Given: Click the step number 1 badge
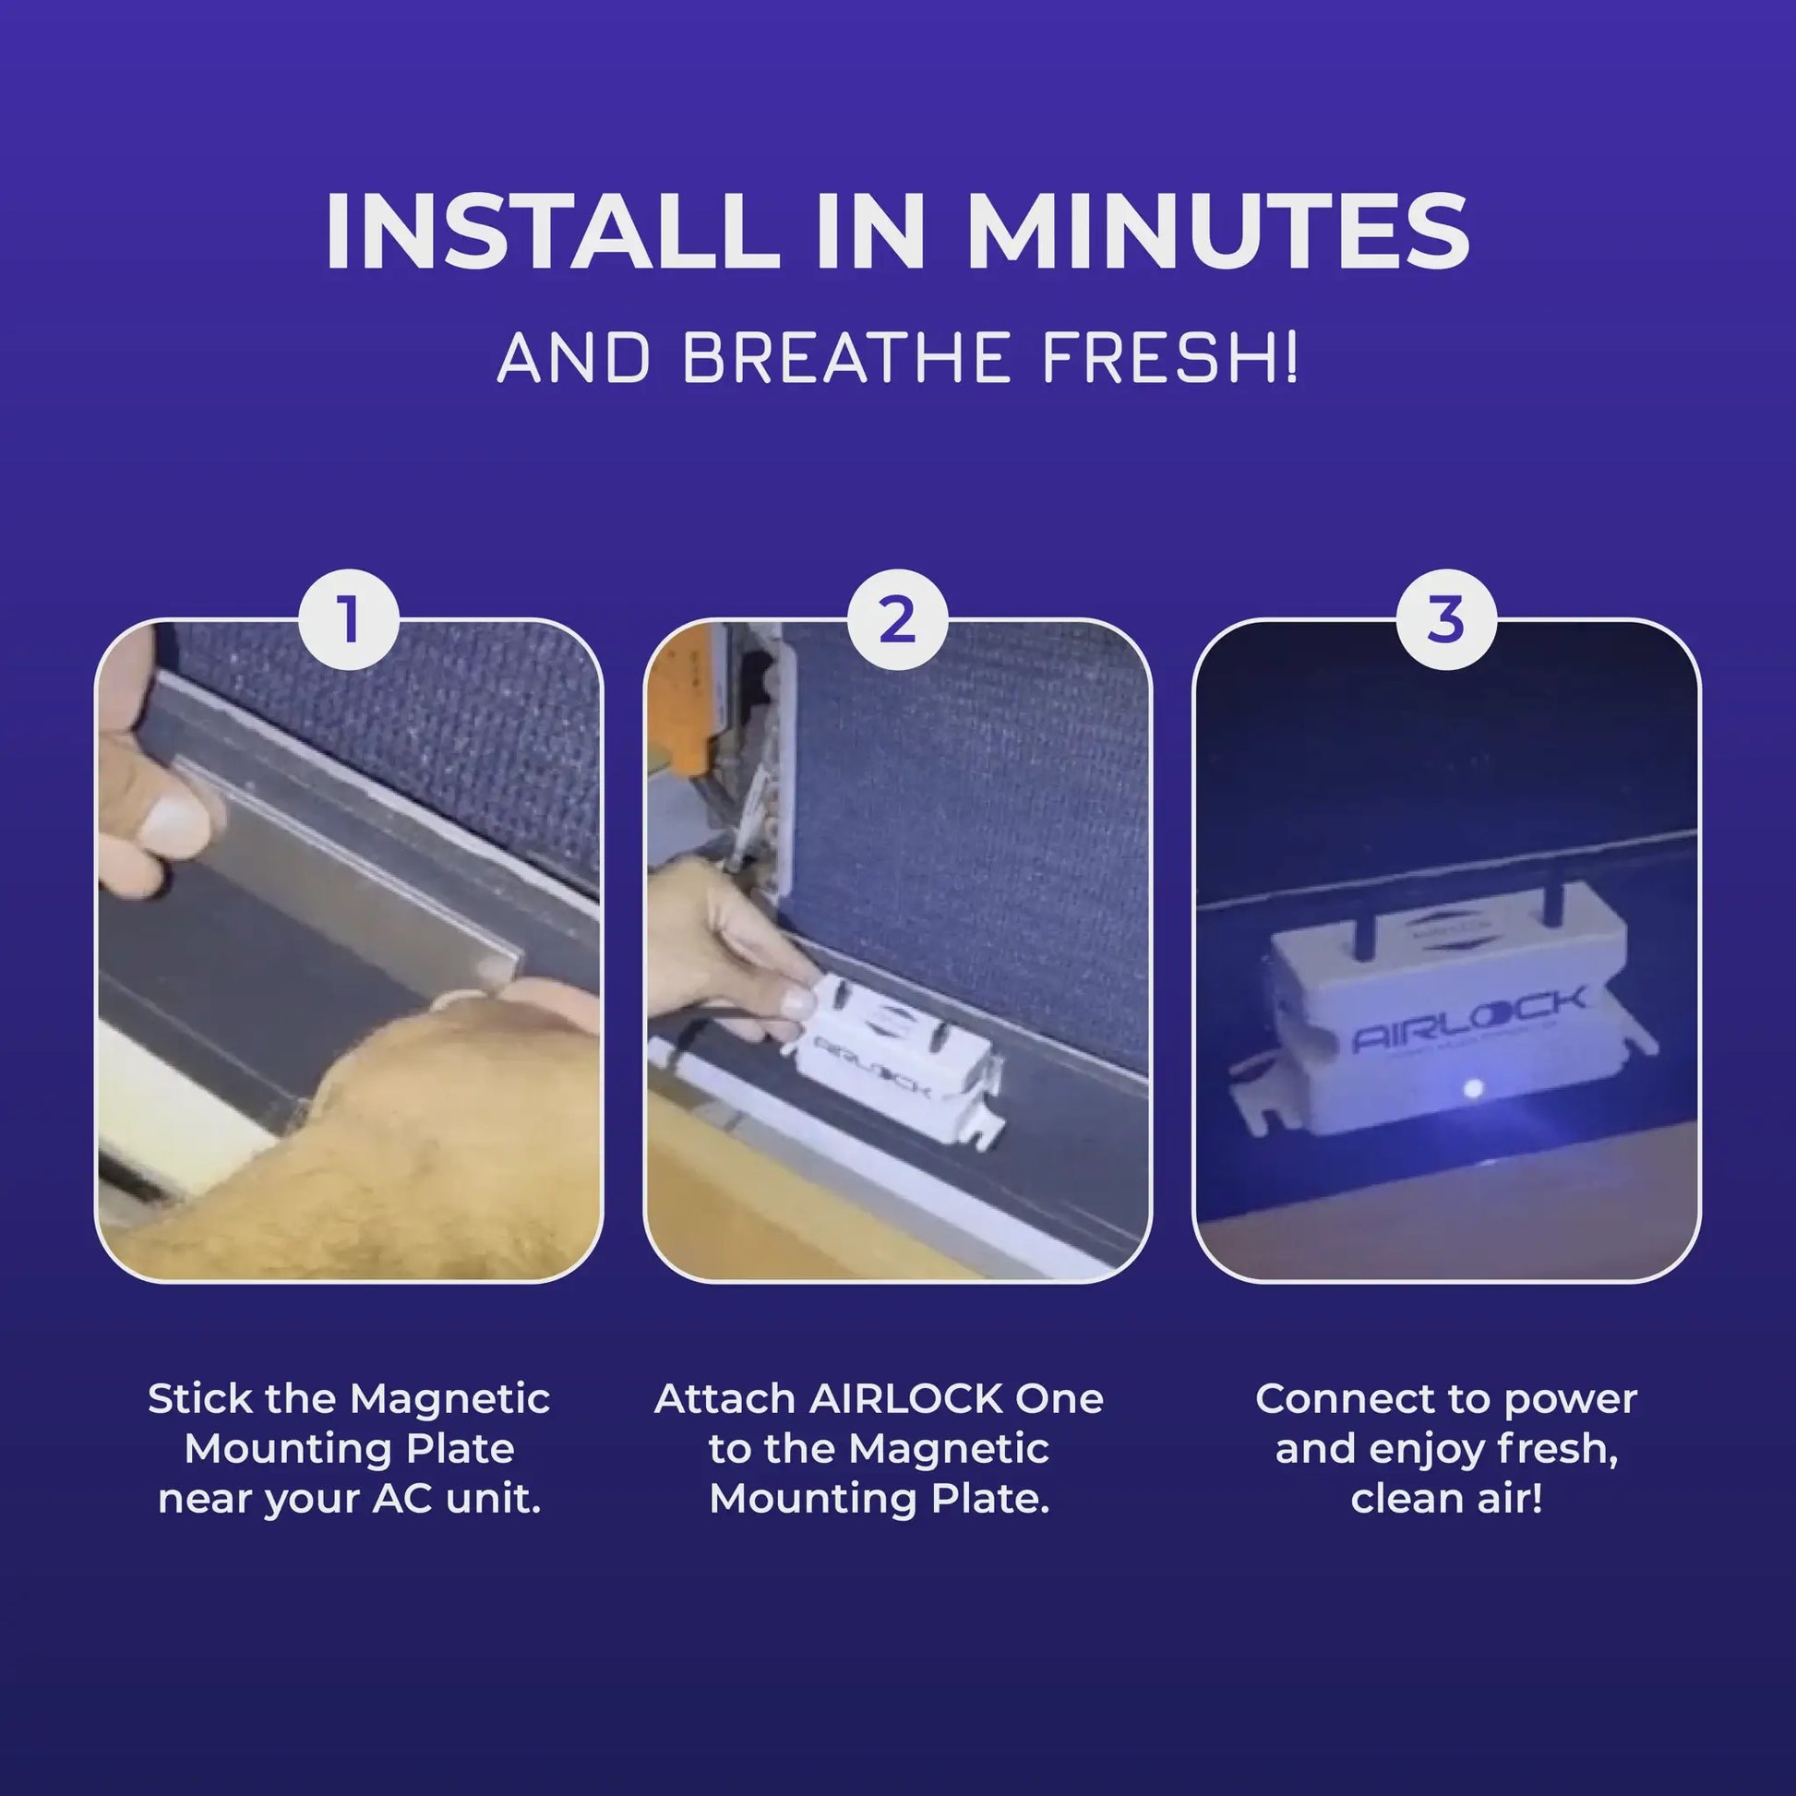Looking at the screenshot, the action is [349, 620].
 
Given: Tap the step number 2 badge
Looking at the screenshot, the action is [897, 620].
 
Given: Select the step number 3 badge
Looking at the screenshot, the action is [1445, 620].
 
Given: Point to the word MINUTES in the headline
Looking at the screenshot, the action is [1217, 232].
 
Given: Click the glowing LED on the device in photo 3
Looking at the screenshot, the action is [1471, 1086].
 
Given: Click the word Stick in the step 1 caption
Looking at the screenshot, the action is [200, 1399].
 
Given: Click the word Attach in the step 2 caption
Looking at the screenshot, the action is [725, 1399].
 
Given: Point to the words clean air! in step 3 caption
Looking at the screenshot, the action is [1446, 1500].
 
